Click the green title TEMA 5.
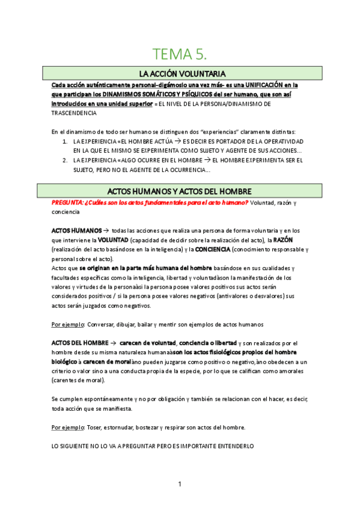(x=180, y=55)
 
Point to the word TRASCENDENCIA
(x=74, y=112)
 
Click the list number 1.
(x=65, y=141)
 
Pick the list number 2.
(x=65, y=160)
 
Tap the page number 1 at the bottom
(x=180, y=484)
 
